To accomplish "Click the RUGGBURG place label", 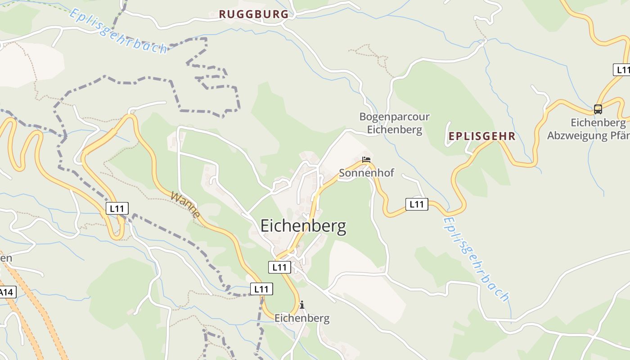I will pos(254,14).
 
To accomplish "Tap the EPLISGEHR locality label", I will pos(481,136).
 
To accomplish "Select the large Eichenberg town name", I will pos(303,226).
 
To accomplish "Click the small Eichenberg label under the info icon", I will pos(302,318).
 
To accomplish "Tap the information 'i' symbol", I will pos(301,305).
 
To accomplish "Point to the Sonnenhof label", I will pos(366,173).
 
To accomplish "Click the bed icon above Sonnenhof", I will pos(366,160).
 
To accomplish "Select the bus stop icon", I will pos(598,109).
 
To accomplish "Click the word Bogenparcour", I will pos(394,117).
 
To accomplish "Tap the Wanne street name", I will pos(185,205).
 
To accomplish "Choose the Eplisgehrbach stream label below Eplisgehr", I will pos(476,259).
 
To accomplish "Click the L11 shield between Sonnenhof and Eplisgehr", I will pos(417,204).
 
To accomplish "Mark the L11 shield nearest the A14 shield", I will pos(117,208).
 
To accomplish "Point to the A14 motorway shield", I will pos(7,292).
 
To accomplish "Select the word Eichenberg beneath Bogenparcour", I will pos(394,130).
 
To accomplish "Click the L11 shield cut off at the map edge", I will pos(622,70).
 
